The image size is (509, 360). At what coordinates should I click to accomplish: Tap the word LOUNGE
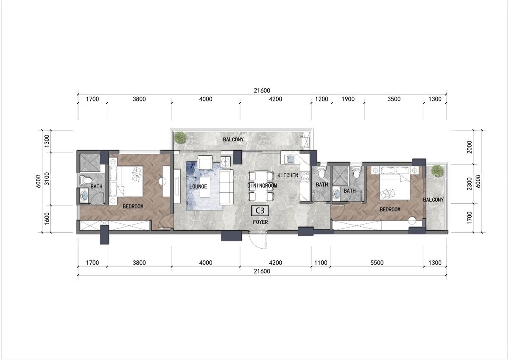point(198,186)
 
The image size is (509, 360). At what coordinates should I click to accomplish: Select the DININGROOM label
point(262,186)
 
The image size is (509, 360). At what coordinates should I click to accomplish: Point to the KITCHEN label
point(288,175)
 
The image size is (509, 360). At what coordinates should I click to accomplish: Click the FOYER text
point(260,222)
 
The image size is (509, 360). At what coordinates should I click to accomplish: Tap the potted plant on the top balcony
point(180,137)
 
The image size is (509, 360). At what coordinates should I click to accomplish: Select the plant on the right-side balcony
point(436,170)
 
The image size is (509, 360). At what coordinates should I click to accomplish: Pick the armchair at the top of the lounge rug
point(205,162)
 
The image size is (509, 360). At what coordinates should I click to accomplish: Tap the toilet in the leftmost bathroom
point(87,180)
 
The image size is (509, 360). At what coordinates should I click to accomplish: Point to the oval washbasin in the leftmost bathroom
point(84,196)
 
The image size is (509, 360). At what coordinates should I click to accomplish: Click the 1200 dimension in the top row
point(322,99)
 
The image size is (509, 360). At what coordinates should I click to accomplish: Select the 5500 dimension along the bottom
point(377,263)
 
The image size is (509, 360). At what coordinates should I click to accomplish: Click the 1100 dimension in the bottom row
point(321,263)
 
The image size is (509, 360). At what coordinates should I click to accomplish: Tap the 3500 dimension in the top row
point(394,99)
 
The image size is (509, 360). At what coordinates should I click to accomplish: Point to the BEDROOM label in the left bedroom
point(133,207)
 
